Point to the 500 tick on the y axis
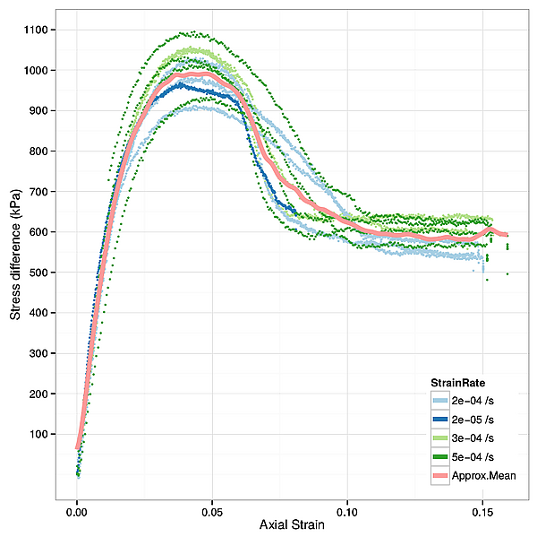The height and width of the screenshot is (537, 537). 41,273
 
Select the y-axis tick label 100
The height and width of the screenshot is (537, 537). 41,434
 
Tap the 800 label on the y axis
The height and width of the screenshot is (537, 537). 41,152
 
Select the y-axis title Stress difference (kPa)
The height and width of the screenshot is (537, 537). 14,247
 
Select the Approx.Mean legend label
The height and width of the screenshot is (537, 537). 483,475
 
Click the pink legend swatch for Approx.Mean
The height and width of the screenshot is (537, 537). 439,475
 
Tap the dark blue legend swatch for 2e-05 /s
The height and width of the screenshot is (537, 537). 439,419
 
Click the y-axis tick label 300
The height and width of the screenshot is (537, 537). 41,353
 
